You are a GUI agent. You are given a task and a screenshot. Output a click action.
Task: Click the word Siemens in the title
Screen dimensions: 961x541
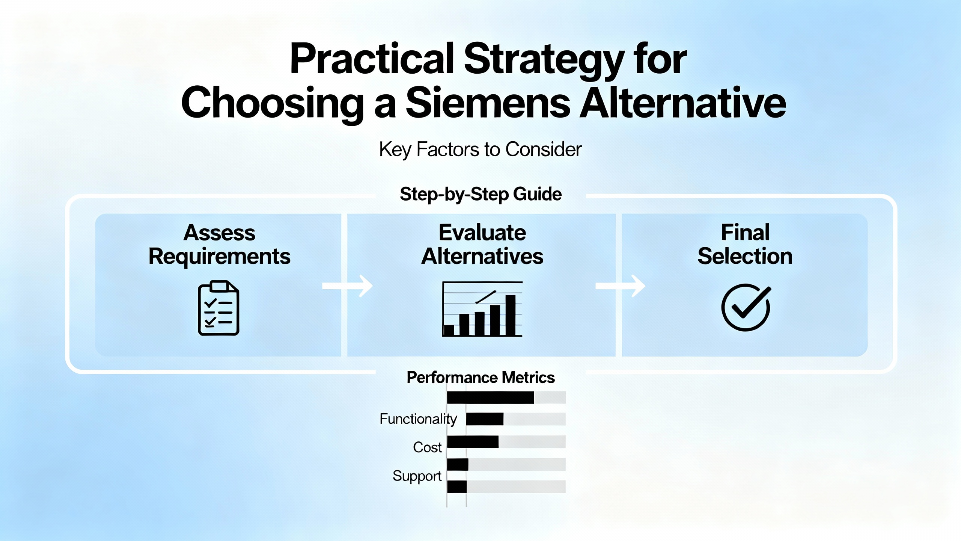488,103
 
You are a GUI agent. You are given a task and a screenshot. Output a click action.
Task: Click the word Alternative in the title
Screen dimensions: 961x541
683,102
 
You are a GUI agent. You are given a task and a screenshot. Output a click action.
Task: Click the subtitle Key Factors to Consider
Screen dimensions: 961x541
480,150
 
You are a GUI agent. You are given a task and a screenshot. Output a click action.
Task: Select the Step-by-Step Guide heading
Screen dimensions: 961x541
480,195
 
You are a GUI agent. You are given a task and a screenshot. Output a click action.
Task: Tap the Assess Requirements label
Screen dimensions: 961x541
220,245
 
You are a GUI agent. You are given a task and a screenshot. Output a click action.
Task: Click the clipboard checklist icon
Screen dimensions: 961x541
218,308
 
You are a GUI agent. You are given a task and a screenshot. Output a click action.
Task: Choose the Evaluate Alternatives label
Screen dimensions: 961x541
482,244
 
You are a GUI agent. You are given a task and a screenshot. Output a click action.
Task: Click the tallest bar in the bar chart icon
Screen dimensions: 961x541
511,315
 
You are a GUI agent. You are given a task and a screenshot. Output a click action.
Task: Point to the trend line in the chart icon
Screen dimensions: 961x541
486,297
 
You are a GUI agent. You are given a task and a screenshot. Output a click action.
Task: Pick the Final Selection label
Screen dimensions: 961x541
745,244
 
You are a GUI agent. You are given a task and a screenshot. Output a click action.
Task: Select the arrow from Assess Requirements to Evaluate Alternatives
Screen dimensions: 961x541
347,286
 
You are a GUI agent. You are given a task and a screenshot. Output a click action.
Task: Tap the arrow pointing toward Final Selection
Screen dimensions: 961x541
620,286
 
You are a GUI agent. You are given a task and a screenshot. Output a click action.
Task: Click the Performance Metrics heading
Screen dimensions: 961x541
480,378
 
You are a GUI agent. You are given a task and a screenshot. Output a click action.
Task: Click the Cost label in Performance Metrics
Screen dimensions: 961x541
427,447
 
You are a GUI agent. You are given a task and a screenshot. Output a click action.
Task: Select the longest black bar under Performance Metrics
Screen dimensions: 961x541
490,397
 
